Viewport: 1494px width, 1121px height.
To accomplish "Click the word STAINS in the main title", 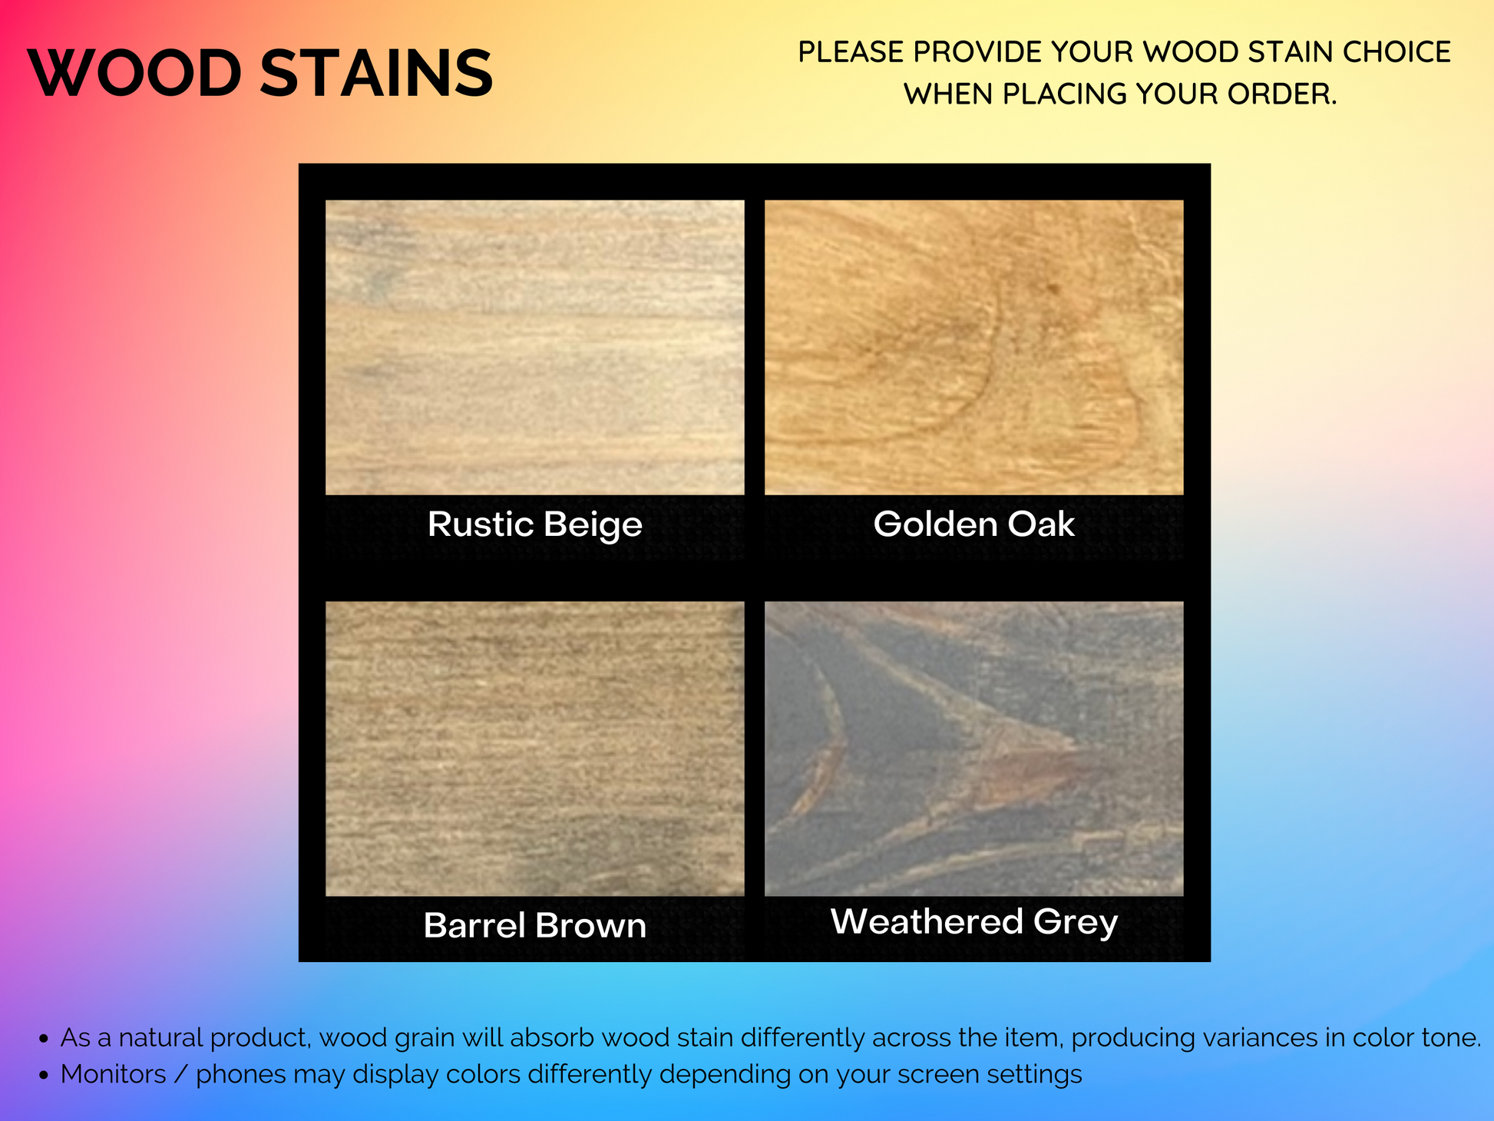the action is tap(376, 74).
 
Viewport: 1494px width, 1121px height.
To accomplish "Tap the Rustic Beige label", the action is tap(535, 525).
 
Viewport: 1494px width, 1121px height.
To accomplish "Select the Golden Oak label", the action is tap(974, 524).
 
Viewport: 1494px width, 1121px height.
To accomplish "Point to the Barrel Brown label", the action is tap(535, 925).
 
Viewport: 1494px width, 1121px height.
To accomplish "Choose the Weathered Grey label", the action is tap(974, 922).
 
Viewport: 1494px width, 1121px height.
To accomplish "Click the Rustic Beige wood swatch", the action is tap(535, 347).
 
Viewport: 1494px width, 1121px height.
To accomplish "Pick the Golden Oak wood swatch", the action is tap(974, 347).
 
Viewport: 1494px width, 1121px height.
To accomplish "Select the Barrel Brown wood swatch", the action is tap(535, 749).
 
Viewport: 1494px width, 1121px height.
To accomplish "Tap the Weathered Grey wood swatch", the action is tap(974, 749).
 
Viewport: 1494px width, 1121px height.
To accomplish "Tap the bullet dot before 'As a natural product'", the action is tap(44, 1040).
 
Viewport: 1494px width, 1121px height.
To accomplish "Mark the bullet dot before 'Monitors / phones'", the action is tap(44, 1076).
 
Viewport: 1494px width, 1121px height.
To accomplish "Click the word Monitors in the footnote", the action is tap(114, 1074).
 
